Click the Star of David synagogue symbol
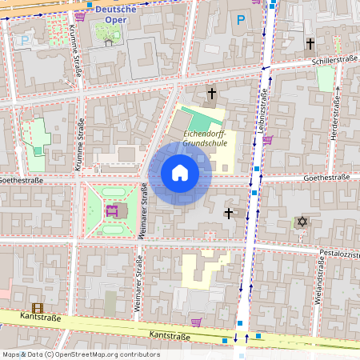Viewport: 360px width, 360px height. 302,221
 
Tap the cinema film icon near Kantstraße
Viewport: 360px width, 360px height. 37,307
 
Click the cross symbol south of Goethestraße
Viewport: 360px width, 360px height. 229,213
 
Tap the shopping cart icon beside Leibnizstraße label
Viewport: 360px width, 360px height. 267,140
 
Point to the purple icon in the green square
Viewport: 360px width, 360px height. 112,211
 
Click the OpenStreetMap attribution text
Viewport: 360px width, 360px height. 80,354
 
